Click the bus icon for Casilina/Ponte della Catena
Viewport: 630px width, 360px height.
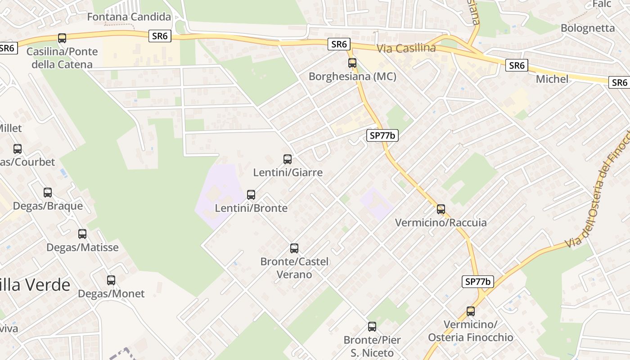pos(62,38)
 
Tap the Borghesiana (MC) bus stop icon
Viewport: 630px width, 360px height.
pos(352,63)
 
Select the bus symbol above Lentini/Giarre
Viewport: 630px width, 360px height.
pos(288,159)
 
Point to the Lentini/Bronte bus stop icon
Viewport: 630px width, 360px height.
pos(251,195)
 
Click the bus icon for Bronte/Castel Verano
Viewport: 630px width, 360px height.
pos(294,248)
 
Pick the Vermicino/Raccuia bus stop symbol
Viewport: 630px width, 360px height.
pos(441,209)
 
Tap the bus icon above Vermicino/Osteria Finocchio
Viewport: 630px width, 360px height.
pos(471,311)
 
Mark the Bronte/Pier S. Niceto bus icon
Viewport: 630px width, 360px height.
pos(372,327)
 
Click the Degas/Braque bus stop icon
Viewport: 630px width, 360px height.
pos(48,193)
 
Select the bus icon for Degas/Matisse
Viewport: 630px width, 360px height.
pos(82,234)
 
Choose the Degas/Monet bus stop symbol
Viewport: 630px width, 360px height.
pos(111,280)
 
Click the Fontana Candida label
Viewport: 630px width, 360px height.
pos(129,17)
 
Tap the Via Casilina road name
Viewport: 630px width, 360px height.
pos(406,48)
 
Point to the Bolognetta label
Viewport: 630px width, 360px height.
pos(587,28)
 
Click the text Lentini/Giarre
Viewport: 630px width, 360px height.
pos(288,172)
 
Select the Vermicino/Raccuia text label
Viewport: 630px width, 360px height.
pos(441,223)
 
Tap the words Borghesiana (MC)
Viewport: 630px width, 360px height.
pos(352,76)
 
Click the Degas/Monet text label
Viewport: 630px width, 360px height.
pos(111,294)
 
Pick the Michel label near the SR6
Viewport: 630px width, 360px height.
pos(552,79)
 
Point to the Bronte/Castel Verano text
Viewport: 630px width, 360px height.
pos(294,268)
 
